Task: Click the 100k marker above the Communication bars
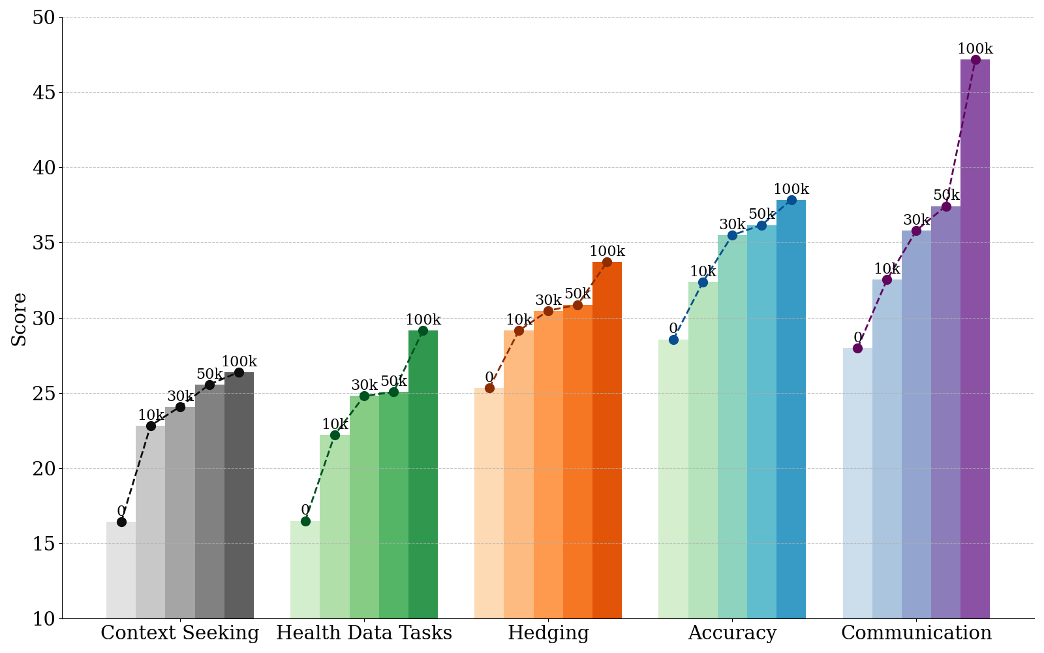click(975, 59)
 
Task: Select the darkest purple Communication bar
click(975, 339)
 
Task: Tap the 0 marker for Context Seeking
click(121, 522)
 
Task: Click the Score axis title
click(19, 319)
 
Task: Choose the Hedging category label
click(548, 633)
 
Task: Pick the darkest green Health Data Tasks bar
click(423, 475)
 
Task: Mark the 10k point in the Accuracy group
click(703, 282)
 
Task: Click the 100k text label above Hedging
click(607, 251)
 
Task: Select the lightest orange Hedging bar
click(489, 503)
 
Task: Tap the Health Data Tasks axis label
click(364, 633)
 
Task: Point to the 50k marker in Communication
click(946, 206)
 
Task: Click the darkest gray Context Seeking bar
click(239, 496)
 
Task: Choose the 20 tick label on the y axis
click(43, 469)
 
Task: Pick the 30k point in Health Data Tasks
click(365, 396)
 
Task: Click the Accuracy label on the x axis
click(732, 633)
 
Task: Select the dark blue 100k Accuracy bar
click(791, 409)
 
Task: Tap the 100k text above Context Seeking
click(239, 362)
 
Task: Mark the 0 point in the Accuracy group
click(673, 340)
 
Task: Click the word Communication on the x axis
click(916, 633)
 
